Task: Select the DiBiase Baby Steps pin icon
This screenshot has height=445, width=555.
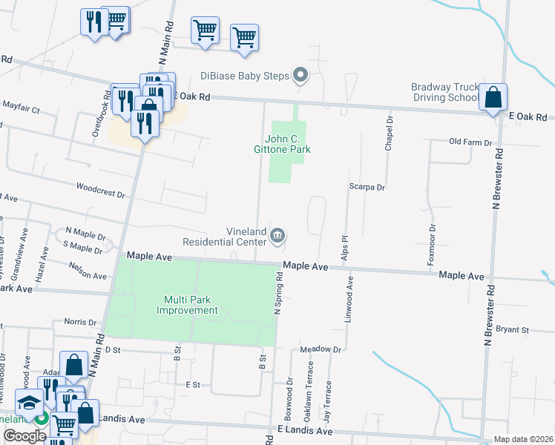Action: pos(301,74)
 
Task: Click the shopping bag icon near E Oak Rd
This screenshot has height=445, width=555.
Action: pos(493,98)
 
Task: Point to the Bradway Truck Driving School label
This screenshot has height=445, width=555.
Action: pos(445,92)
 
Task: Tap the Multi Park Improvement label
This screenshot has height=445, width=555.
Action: pos(187,305)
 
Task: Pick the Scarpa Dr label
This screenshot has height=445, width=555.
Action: pos(367,188)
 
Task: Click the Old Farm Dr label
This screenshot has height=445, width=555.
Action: pos(471,142)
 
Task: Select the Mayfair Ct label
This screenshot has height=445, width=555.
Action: pos(20,108)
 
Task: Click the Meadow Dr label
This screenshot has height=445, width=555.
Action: pos(321,349)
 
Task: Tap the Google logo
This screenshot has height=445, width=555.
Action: pos(24,436)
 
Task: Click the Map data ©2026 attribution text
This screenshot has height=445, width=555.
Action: pos(522,439)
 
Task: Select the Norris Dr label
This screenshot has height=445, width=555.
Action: pos(80,323)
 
